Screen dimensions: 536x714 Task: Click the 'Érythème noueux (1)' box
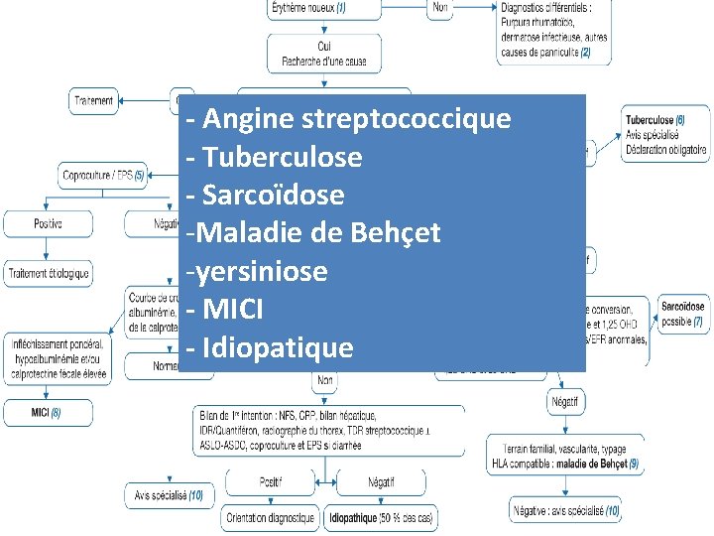[x=308, y=9]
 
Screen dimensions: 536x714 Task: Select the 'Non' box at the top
[x=442, y=8]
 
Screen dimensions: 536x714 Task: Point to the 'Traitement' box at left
[x=93, y=100]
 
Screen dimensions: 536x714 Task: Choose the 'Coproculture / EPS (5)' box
[x=103, y=176]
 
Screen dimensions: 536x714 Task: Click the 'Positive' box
[x=48, y=223]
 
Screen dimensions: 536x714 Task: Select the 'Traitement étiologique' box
[x=49, y=272]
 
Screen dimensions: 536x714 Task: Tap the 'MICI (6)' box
[x=47, y=412]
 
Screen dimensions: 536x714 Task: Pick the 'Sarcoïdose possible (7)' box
[x=682, y=315]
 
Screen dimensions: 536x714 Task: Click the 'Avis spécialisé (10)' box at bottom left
[x=169, y=494]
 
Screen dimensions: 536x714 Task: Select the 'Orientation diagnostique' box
[x=270, y=517]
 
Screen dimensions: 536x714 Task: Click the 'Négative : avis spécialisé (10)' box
[x=566, y=511]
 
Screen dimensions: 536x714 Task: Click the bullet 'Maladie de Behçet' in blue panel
[x=317, y=233]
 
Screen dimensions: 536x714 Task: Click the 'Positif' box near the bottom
[x=270, y=481]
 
